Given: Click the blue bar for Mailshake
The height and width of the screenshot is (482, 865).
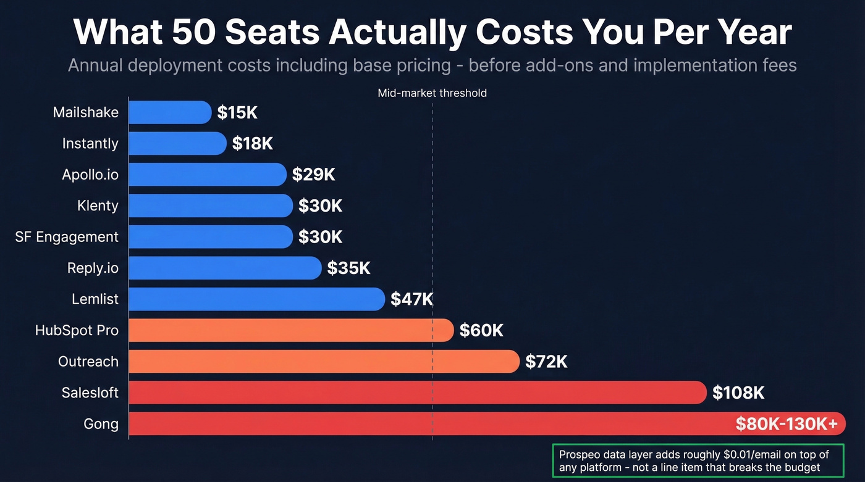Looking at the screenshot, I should click(170, 112).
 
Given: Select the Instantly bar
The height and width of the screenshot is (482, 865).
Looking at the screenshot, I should click(177, 143).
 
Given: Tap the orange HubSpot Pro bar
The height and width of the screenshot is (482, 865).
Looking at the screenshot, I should click(290, 330).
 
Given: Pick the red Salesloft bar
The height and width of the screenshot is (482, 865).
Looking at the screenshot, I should click(417, 393).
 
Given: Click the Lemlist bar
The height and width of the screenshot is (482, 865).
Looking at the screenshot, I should click(256, 299).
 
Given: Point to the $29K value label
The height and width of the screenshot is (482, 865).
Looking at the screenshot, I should click(313, 175).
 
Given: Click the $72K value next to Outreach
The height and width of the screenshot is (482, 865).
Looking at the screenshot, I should click(546, 362).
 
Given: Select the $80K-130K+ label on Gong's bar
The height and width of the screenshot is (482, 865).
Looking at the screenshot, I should click(787, 424).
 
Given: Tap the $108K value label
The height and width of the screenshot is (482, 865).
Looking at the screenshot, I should click(738, 393).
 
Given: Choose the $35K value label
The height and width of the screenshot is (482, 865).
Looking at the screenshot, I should click(348, 268).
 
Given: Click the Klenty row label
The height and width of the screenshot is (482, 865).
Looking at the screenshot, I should click(98, 206).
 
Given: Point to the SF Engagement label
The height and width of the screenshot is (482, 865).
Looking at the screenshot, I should click(67, 237).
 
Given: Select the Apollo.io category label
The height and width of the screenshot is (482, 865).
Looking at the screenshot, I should click(90, 175).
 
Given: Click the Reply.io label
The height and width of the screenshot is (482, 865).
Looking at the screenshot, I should click(93, 268).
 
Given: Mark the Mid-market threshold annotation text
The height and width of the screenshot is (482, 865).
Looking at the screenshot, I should click(432, 93).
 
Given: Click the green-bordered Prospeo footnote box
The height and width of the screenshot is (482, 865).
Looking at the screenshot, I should click(698, 461).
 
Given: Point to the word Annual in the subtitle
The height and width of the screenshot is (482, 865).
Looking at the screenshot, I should click(101, 65).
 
